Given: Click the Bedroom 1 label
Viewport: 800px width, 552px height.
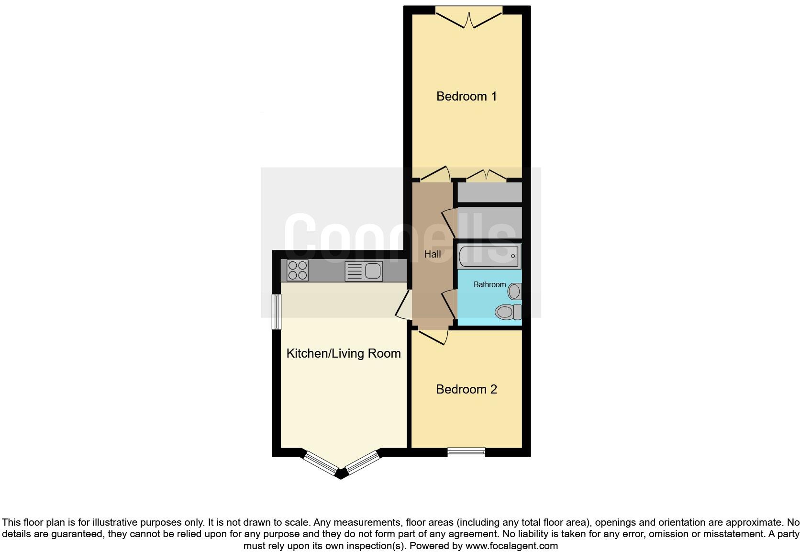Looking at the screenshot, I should coord(467,96).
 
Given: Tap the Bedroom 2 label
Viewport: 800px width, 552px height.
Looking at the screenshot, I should coord(467,389).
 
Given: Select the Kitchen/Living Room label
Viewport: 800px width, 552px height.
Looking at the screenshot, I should coord(343,353).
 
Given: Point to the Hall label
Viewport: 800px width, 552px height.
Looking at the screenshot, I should coord(433,254).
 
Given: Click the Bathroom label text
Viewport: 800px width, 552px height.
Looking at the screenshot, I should coord(489,284).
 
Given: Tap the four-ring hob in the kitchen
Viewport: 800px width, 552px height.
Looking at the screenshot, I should coord(297,270).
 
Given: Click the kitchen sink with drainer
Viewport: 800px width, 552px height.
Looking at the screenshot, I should coord(364,271).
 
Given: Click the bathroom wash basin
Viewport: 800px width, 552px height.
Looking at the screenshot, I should coord(515,291).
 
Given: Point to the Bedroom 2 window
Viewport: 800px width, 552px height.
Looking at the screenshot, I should coord(466,452).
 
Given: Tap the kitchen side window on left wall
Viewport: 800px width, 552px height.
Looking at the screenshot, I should coord(276,312).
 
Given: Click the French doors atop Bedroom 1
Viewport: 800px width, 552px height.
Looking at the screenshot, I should coord(469,18).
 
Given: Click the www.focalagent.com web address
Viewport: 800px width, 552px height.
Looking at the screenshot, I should coord(511,546).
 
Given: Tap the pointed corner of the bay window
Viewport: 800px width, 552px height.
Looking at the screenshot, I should coord(341,474).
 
